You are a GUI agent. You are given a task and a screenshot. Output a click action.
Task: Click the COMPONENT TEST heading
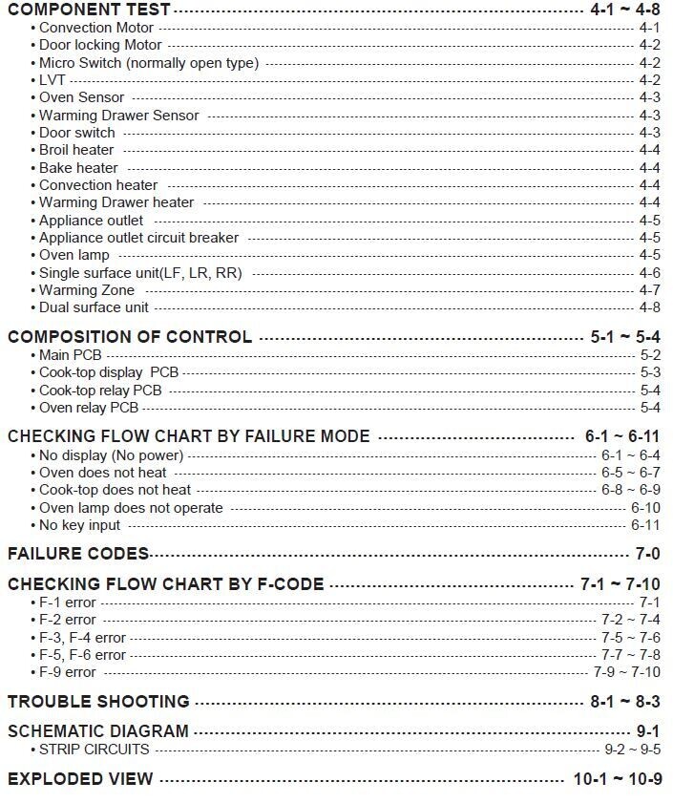click(89, 10)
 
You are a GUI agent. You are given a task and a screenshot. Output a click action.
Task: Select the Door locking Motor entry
click(100, 45)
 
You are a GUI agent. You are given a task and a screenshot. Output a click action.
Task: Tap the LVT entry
click(52, 80)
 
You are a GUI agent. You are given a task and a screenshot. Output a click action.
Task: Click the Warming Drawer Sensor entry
click(118, 116)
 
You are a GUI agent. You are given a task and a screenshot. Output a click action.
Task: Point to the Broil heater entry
click(76, 150)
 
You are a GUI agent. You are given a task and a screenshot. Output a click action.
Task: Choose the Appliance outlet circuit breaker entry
click(138, 238)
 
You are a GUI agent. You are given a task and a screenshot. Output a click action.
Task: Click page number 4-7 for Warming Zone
click(649, 290)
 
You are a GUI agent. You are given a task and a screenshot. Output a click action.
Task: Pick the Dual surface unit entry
click(94, 307)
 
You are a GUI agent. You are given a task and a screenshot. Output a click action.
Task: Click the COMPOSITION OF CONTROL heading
click(130, 336)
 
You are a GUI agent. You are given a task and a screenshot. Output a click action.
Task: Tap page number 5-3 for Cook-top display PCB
click(649, 372)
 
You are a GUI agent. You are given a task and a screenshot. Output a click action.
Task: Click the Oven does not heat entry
click(102, 473)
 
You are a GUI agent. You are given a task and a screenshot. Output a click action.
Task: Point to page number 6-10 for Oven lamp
click(644, 508)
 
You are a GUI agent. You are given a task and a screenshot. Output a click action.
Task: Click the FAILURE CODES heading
click(78, 554)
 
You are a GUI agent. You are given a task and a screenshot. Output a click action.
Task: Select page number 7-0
click(648, 554)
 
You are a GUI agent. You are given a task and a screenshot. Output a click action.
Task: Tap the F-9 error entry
click(67, 672)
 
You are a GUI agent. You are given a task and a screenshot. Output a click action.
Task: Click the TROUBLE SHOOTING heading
click(98, 702)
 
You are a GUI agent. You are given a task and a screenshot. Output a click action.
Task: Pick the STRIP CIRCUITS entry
click(94, 750)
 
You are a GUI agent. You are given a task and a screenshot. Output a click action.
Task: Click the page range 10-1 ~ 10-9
click(617, 779)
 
